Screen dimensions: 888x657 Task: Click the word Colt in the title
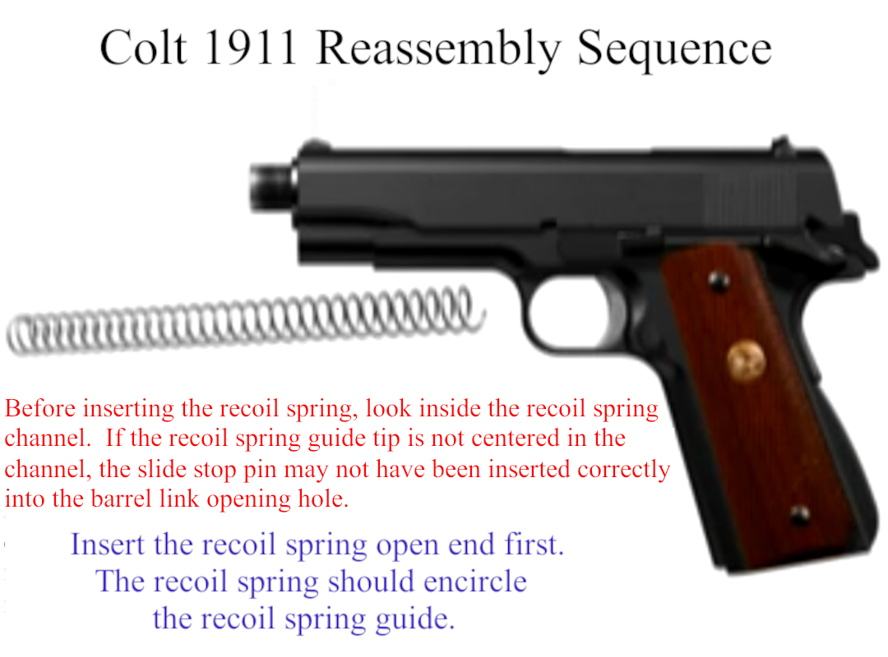pyautogui.click(x=143, y=48)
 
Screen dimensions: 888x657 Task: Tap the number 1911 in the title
pyautogui.click(x=250, y=48)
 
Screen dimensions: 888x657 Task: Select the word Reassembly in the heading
pyautogui.click(x=438, y=51)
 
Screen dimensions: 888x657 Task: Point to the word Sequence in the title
pyautogui.click(x=674, y=51)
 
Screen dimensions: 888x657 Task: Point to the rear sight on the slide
pyautogui.click(x=782, y=145)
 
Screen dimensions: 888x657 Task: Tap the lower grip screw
pyautogui.click(x=800, y=516)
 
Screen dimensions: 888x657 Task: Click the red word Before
pyautogui.click(x=40, y=409)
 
